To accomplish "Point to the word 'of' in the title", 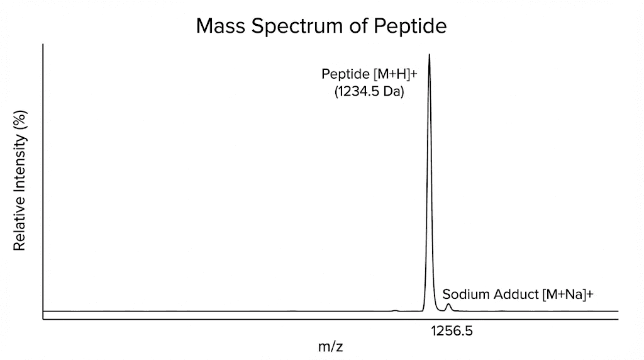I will point(359,26).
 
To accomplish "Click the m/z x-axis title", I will point(331,346).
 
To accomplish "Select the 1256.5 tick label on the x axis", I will point(451,330).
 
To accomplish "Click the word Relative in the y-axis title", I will point(19,225).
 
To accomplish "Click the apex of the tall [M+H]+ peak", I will point(429,55).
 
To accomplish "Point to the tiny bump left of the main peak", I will point(395,310).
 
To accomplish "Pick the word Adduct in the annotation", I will point(514,294).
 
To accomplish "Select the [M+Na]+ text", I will point(568,294).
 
